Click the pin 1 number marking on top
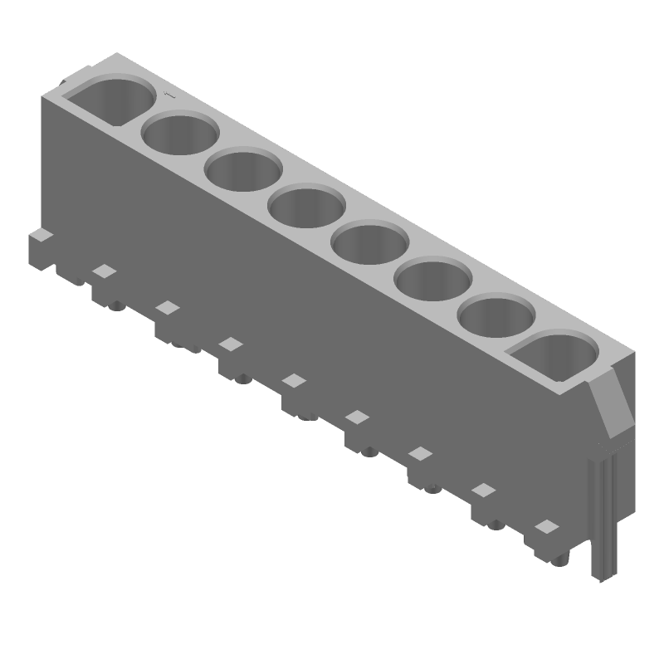[171, 97]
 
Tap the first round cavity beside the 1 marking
[180, 134]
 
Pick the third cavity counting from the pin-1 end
[243, 169]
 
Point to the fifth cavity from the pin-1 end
[370, 242]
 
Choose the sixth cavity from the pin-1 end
[433, 279]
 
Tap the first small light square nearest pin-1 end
[104, 271]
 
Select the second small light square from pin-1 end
[168, 308]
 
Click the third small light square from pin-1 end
[231, 344]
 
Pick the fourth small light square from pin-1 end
[294, 380]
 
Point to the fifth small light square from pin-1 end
[357, 417]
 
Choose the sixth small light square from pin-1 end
[420, 453]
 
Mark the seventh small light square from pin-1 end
[483, 490]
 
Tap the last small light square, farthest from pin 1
[546, 526]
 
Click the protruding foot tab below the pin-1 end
[41, 249]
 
